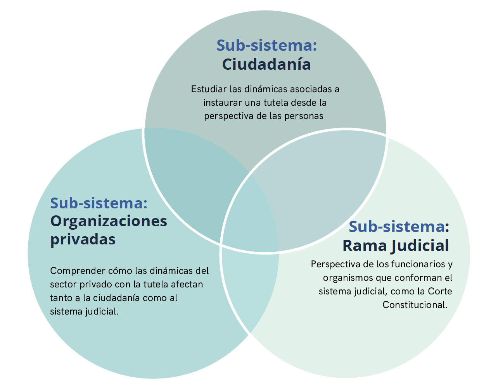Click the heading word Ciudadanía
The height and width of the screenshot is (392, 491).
[x=266, y=64]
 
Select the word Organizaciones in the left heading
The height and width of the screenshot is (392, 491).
[x=109, y=221]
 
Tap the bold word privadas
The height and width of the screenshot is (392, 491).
[x=83, y=239]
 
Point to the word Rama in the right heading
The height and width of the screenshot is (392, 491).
[x=364, y=245]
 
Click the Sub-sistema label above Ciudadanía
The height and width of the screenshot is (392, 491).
[x=266, y=45]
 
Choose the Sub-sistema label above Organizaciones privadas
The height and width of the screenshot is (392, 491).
[x=99, y=203]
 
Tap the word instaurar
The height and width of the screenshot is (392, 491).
[x=222, y=103]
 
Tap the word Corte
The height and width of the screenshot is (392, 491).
[x=440, y=291]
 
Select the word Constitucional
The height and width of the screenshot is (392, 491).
[x=415, y=305]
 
